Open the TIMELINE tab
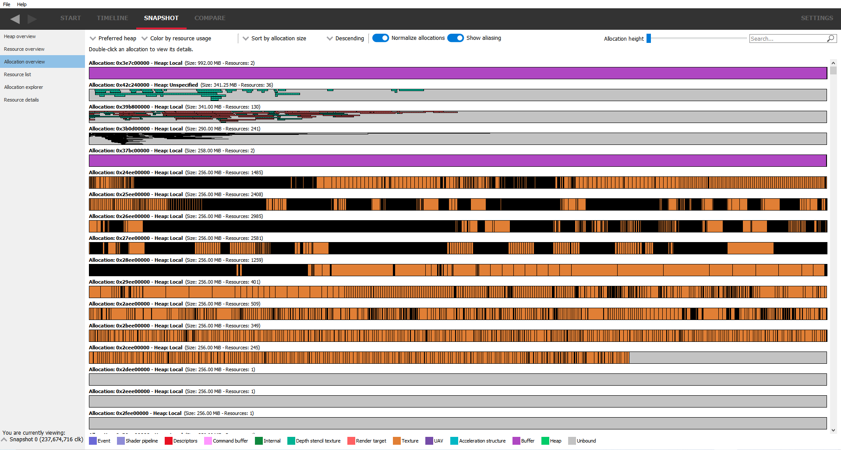pos(112,18)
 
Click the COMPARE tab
pos(209,18)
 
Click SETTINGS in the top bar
pos(816,18)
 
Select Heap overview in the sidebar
pos(20,36)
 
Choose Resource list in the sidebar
pos(18,74)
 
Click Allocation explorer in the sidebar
pos(24,87)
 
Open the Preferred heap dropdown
pos(113,39)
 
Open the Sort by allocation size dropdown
pos(275,39)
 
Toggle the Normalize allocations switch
pos(381,38)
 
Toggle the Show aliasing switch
pos(456,38)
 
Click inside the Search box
pos(787,39)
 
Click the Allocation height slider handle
pos(649,39)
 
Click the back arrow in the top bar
pos(15,19)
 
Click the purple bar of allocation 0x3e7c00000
pos(458,73)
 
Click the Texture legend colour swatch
pos(397,441)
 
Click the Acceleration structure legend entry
pos(482,441)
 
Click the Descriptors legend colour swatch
pos(169,441)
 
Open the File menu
pos(7,4)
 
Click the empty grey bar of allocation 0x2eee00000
pos(458,401)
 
